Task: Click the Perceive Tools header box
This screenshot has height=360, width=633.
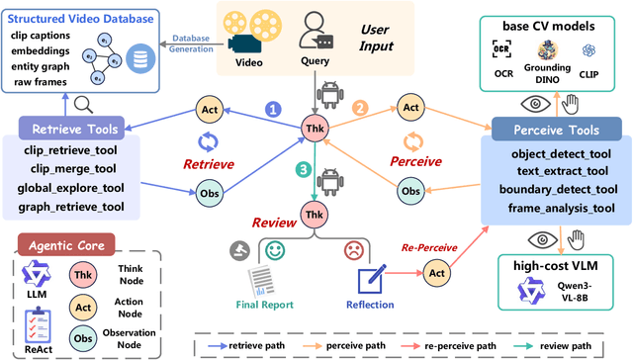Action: (553, 129)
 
